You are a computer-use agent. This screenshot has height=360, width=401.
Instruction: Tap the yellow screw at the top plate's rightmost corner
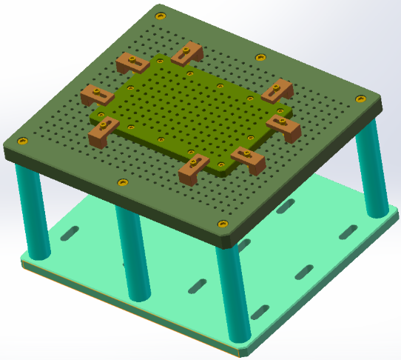(360, 99)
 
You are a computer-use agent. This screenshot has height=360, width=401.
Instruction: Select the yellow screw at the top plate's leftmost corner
(24, 141)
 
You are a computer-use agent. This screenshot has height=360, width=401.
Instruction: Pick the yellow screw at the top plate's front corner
(220, 224)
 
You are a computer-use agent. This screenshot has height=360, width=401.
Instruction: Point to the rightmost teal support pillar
(371, 167)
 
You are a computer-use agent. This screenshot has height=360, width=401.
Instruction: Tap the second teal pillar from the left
(133, 252)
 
